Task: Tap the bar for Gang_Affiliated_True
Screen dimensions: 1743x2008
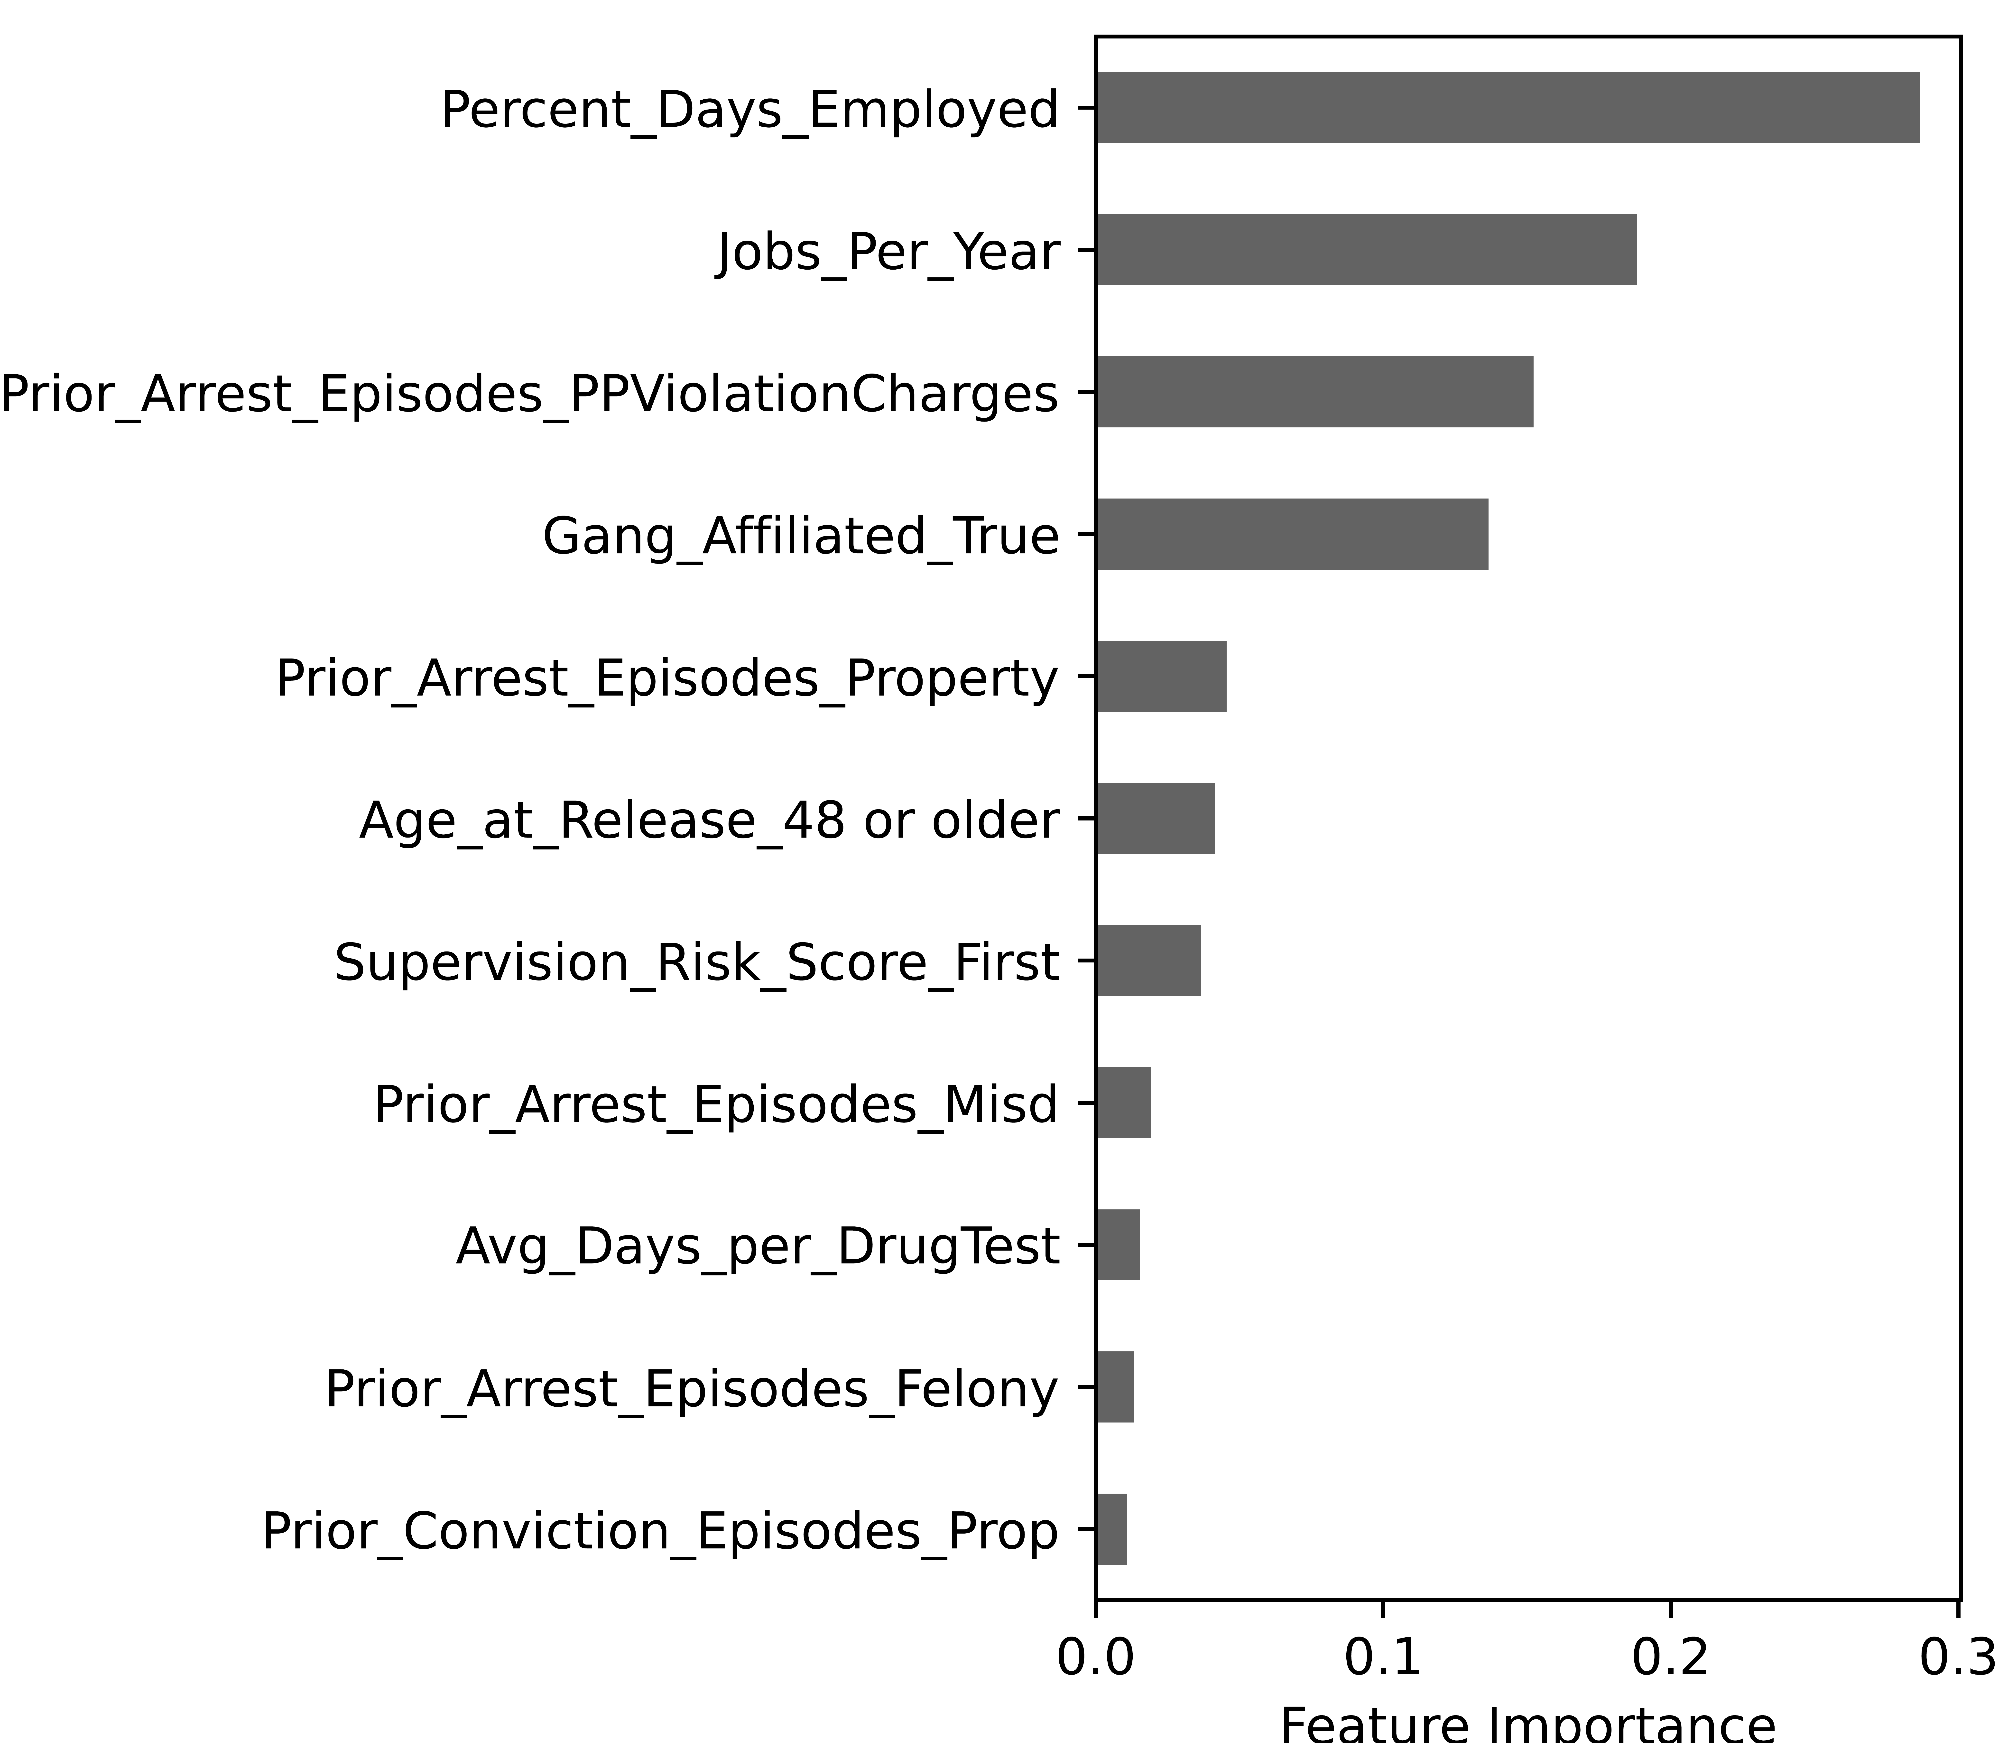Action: [x=1291, y=534]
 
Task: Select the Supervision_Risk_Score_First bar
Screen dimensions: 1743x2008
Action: [x=1147, y=961]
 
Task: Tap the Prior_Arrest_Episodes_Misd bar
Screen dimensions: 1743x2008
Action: [x=1123, y=1103]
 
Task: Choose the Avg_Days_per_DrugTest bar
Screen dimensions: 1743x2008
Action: [x=1117, y=1245]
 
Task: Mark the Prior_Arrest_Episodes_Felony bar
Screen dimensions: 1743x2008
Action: [x=1114, y=1387]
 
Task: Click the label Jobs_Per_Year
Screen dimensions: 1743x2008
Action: [x=888, y=252]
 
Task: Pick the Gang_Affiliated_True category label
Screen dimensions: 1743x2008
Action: [x=800, y=536]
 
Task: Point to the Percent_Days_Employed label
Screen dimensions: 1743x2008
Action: [x=749, y=109]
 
